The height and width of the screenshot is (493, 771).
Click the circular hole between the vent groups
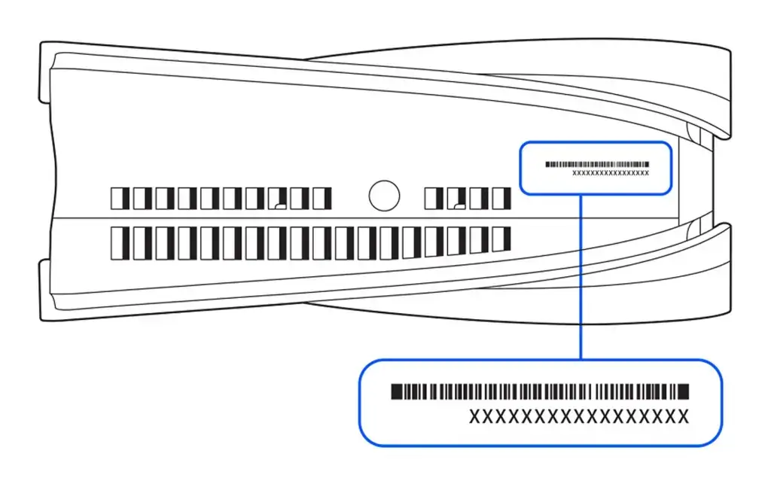click(x=384, y=196)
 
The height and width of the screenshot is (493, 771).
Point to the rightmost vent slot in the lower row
click(x=501, y=239)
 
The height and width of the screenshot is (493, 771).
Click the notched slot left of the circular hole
click(x=278, y=199)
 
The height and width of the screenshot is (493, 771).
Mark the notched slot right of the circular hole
click(x=457, y=199)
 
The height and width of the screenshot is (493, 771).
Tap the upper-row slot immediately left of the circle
click(x=322, y=199)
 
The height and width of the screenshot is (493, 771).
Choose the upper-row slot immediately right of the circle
click(x=434, y=199)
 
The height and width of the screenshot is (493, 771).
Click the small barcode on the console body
click(x=596, y=163)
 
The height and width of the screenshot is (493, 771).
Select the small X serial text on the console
click(x=611, y=173)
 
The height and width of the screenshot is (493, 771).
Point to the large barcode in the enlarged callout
click(x=540, y=391)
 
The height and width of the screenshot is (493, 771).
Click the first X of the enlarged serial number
click(x=474, y=416)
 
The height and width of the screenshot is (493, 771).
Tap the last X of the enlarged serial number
click(x=682, y=416)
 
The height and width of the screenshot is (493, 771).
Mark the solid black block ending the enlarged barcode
click(x=684, y=391)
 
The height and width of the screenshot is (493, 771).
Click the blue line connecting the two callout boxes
click(x=581, y=278)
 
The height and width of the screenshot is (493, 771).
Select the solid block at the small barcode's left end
click(x=547, y=163)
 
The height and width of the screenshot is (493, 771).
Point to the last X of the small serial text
click(x=647, y=173)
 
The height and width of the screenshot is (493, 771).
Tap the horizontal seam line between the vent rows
click(x=301, y=219)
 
